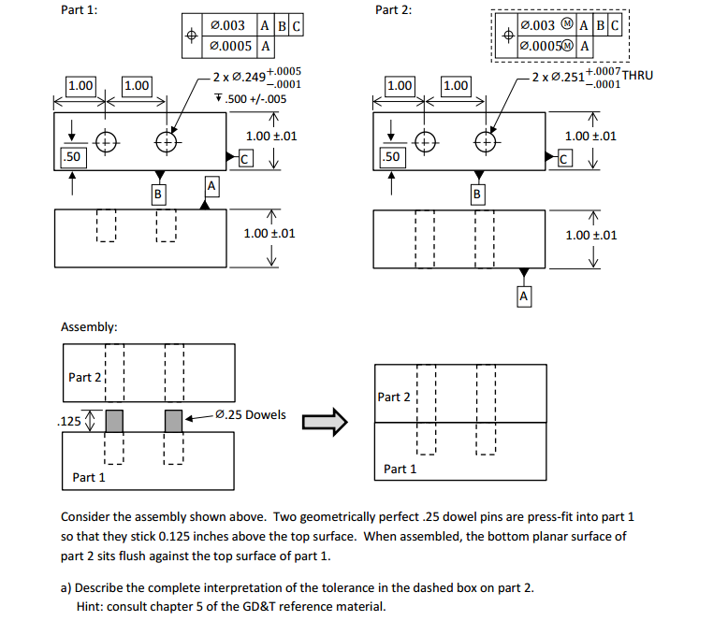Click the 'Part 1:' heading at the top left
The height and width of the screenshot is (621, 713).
tap(80, 10)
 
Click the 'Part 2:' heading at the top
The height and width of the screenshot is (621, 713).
tap(393, 10)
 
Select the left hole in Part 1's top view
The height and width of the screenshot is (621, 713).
tap(106, 142)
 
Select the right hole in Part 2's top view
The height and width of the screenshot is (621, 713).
tap(484, 142)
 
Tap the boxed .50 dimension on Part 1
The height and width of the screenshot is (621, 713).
tap(71, 156)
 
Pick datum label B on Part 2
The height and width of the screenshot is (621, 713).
tap(478, 195)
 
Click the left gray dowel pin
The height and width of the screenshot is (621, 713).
tap(114, 421)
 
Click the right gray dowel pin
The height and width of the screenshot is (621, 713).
tap(173, 421)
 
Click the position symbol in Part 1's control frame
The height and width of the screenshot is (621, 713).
tap(191, 35)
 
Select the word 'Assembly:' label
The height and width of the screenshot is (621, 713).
tap(89, 327)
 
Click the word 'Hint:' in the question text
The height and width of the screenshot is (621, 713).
tap(94, 606)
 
